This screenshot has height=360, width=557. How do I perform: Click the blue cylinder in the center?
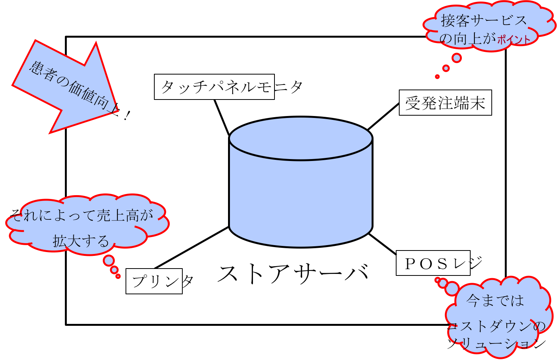301,192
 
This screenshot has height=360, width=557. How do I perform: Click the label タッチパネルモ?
214,87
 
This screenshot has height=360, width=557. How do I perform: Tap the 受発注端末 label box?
445,103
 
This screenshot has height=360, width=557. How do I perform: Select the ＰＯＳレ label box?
433,264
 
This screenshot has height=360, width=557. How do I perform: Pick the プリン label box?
154,282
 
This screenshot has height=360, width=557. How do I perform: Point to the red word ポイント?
514,39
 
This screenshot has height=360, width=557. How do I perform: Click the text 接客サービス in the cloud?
484,20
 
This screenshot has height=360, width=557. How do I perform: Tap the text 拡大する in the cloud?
81,241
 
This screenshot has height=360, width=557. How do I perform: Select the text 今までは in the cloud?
495,300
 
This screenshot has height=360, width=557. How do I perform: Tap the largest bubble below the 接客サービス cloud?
456,58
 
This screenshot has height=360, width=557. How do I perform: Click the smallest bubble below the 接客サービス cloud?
437,77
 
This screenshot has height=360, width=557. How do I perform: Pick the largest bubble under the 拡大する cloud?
109,260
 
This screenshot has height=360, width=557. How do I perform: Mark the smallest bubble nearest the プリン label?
118,276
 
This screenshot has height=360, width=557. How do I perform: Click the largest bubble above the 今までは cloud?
452,288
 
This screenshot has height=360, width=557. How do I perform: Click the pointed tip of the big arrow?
117,111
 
